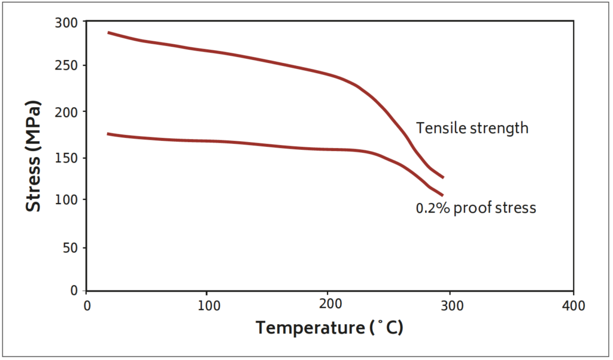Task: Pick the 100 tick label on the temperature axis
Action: (x=207, y=306)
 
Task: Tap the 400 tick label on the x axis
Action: (x=573, y=306)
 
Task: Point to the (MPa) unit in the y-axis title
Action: (x=34, y=122)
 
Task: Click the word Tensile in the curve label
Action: (x=436, y=128)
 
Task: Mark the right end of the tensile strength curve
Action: (x=443, y=177)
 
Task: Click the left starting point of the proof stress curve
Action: (x=108, y=134)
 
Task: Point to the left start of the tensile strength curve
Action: (x=108, y=32)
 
